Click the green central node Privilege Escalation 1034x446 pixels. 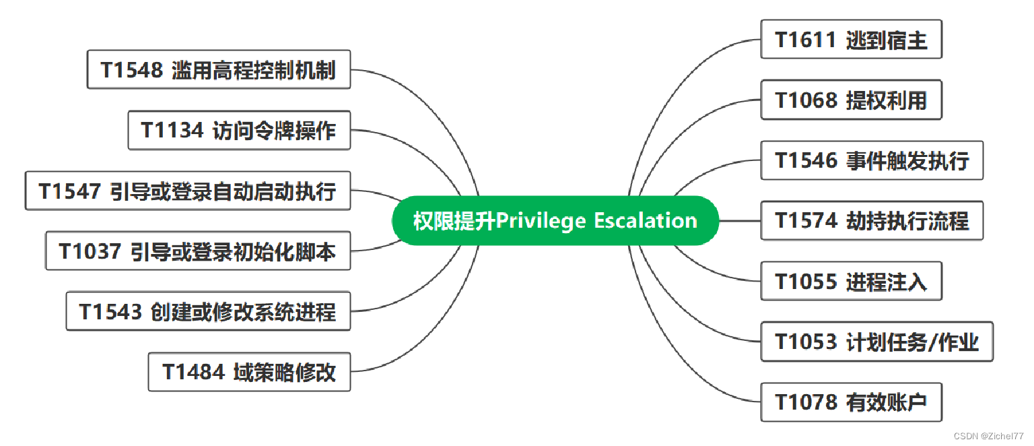pos(555,221)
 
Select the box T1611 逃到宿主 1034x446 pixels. pos(851,40)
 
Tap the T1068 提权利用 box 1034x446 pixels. pos(851,100)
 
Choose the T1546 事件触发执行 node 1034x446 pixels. pos(872,160)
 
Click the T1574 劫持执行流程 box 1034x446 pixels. pos(872,220)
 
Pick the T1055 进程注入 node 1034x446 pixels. pos(851,281)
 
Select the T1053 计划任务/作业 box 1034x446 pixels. pos(876,342)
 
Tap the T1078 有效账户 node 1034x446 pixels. pos(851,402)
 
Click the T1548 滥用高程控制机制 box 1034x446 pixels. pos(219,69)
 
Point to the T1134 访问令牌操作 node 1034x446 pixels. pos(239,130)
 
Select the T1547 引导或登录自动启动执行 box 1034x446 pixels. pos(188,191)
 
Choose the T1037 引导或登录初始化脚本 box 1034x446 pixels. pos(198,251)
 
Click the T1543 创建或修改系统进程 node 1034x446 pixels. pos(208,311)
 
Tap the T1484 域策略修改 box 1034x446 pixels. pos(249,372)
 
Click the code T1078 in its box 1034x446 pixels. pos(806,402)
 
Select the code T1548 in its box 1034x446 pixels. pos(132,69)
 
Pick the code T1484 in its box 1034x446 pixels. pos(194,372)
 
